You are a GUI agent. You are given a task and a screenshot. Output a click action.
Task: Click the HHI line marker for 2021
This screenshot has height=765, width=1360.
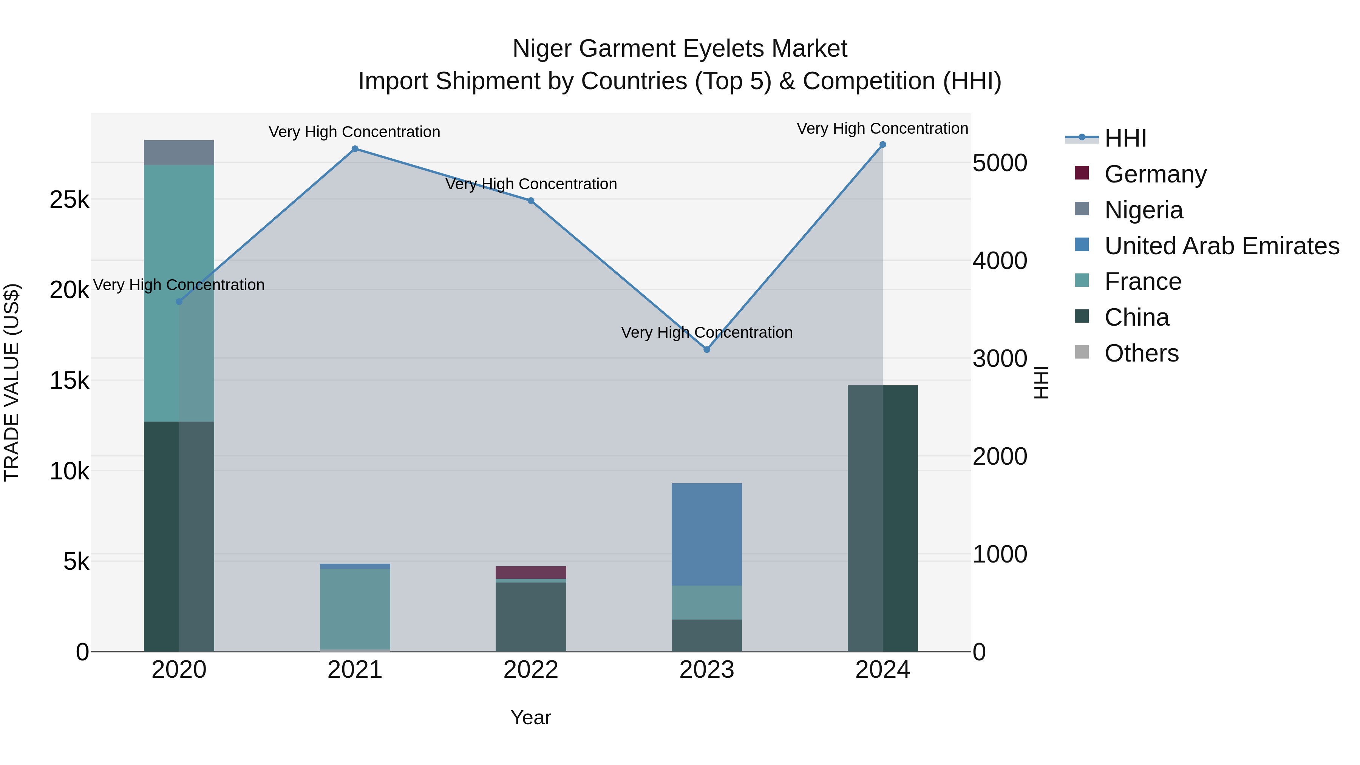pyautogui.click(x=355, y=149)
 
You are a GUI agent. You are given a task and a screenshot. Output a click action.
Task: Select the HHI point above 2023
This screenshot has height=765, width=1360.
pyautogui.click(x=707, y=349)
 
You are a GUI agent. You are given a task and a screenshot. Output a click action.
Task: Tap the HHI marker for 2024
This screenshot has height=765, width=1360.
pyautogui.click(x=883, y=145)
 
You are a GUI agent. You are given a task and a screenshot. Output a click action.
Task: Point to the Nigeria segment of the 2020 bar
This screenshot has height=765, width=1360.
pyautogui.click(x=179, y=153)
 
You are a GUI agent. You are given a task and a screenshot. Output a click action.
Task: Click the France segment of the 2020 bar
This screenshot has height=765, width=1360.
pyautogui.click(x=179, y=293)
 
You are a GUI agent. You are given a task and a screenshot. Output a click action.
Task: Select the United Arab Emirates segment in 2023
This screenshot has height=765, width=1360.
pyautogui.click(x=707, y=534)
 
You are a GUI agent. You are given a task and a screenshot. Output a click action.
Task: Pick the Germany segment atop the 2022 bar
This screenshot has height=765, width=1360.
pyautogui.click(x=531, y=572)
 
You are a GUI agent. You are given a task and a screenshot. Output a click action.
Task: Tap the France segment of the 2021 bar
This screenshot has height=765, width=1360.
pyautogui.click(x=355, y=608)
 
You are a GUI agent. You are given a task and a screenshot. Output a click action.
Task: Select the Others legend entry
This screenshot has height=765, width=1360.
pyautogui.click(x=1141, y=353)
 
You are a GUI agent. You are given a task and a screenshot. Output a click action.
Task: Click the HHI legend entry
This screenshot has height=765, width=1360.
pyautogui.click(x=1125, y=138)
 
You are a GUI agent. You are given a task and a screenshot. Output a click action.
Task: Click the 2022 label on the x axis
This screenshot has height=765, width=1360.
pyautogui.click(x=531, y=670)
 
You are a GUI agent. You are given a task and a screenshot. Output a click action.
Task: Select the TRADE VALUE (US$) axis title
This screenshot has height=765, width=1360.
pyautogui.click(x=12, y=382)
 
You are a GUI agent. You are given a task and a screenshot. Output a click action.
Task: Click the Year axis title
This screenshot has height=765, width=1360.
pyautogui.click(x=531, y=717)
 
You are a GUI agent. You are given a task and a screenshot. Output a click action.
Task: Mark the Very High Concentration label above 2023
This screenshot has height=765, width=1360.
pyautogui.click(x=707, y=332)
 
